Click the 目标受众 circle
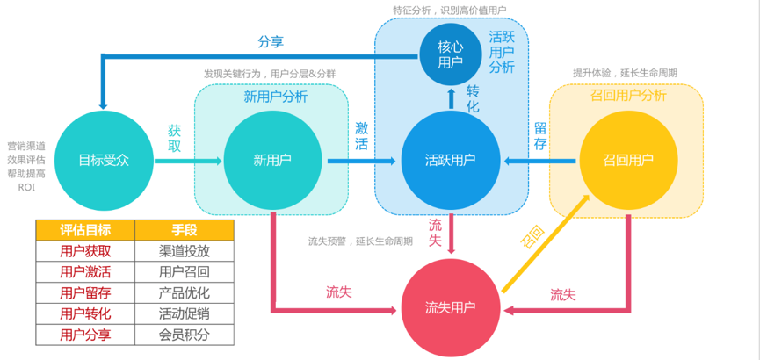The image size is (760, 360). point(104,160)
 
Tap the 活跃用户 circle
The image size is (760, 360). point(450,160)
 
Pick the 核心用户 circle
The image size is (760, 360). point(450,54)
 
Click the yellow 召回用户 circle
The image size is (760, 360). point(627,160)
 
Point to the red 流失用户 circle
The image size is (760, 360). point(450,307)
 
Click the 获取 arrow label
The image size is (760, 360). point(175,139)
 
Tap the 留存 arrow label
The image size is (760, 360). point(540,136)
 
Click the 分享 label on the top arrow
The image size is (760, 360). point(270,41)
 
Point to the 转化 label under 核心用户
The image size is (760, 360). point(473,98)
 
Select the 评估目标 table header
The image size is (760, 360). point(85,230)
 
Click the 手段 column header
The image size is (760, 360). point(185,230)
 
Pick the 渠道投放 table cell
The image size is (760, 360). point(185,251)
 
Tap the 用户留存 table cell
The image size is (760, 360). point(85,292)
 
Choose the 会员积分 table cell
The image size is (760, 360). point(185,335)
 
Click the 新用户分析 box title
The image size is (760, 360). point(275,97)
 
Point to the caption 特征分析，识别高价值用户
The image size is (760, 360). point(449,10)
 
